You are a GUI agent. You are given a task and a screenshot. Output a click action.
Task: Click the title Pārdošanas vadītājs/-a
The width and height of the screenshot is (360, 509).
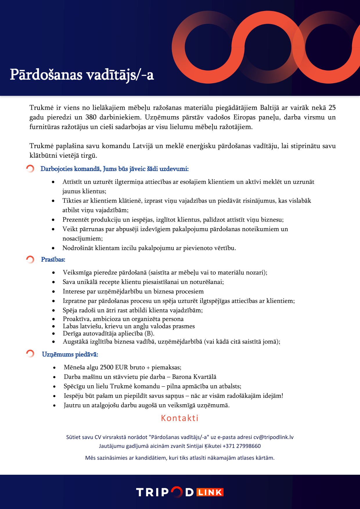(x=82, y=75)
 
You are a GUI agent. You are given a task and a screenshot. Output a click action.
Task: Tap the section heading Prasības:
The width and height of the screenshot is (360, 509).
(x=53, y=260)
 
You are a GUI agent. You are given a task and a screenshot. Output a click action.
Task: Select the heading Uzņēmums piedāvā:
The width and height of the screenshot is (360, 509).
(x=70, y=354)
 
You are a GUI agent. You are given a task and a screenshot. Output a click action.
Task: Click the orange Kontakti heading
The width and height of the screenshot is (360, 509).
(x=180, y=418)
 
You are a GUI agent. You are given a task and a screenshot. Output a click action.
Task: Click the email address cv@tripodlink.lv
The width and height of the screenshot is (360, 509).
(x=273, y=437)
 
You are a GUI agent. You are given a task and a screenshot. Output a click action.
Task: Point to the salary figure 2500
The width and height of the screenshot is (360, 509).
(x=107, y=367)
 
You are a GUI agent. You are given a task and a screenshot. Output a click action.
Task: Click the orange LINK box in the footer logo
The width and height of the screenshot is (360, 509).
(x=210, y=492)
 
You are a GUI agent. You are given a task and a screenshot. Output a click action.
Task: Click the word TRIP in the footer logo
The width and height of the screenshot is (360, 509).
(x=152, y=492)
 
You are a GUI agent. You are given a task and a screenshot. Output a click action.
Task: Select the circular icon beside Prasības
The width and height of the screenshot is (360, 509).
(x=30, y=259)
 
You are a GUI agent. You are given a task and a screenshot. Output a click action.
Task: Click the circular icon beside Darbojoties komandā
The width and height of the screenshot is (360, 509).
(x=30, y=169)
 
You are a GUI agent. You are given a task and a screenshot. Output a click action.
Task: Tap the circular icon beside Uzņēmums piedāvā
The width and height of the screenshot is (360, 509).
(x=30, y=354)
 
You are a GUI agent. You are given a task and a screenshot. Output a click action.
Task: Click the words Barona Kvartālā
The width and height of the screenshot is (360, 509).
(x=194, y=377)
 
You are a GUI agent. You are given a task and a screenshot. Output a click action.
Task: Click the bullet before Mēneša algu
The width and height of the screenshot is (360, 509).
(x=55, y=368)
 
